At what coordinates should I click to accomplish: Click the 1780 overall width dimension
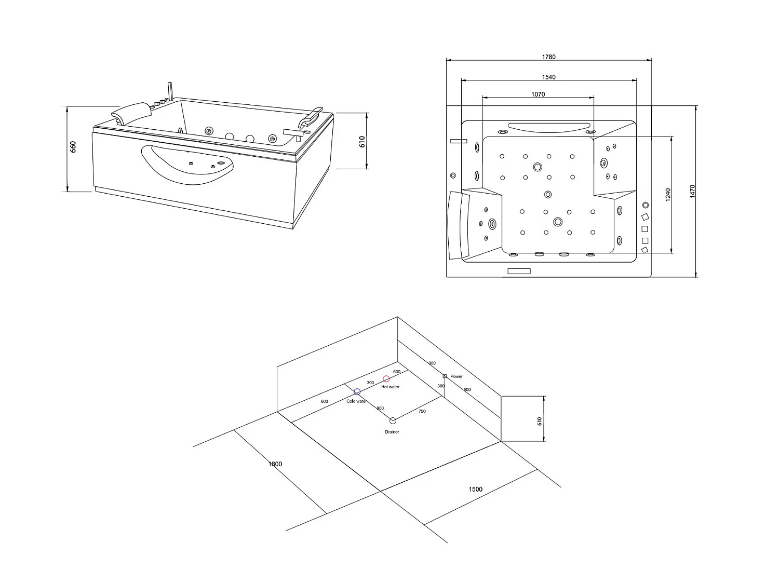[x=549, y=57]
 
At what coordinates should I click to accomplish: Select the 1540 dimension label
[x=549, y=77]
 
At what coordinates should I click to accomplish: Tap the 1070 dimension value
[x=538, y=94]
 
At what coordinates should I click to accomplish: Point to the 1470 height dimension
[x=692, y=191]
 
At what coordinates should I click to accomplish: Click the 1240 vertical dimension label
[x=668, y=195]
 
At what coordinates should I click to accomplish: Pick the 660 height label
[x=73, y=147]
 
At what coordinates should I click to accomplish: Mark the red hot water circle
[x=386, y=379]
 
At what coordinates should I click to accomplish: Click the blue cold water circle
[x=357, y=391]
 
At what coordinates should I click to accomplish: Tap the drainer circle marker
[x=393, y=420]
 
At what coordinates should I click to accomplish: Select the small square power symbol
[x=445, y=376]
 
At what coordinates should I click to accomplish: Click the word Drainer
[x=392, y=432]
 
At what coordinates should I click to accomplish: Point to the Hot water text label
[x=390, y=387]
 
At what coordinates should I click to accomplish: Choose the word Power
[x=456, y=376]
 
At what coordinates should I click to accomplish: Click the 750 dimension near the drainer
[x=422, y=411]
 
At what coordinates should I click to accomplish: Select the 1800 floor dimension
[x=275, y=464]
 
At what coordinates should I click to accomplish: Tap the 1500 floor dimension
[x=475, y=489]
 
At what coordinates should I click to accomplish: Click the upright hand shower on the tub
[x=169, y=91]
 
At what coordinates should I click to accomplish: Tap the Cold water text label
[x=357, y=401]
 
